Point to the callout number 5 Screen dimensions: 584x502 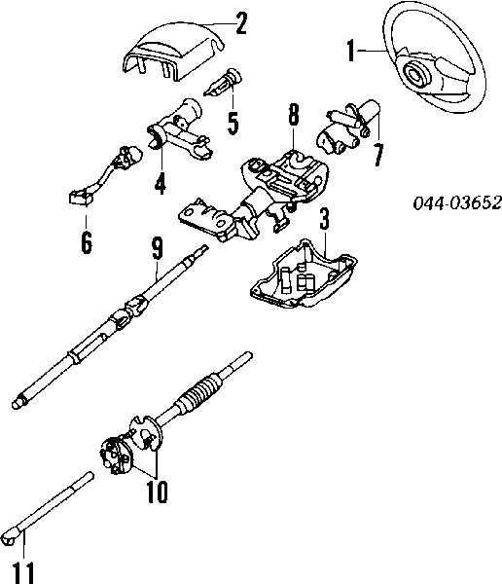232,123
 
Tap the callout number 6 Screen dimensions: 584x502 87,242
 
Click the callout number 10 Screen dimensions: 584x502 155,493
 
